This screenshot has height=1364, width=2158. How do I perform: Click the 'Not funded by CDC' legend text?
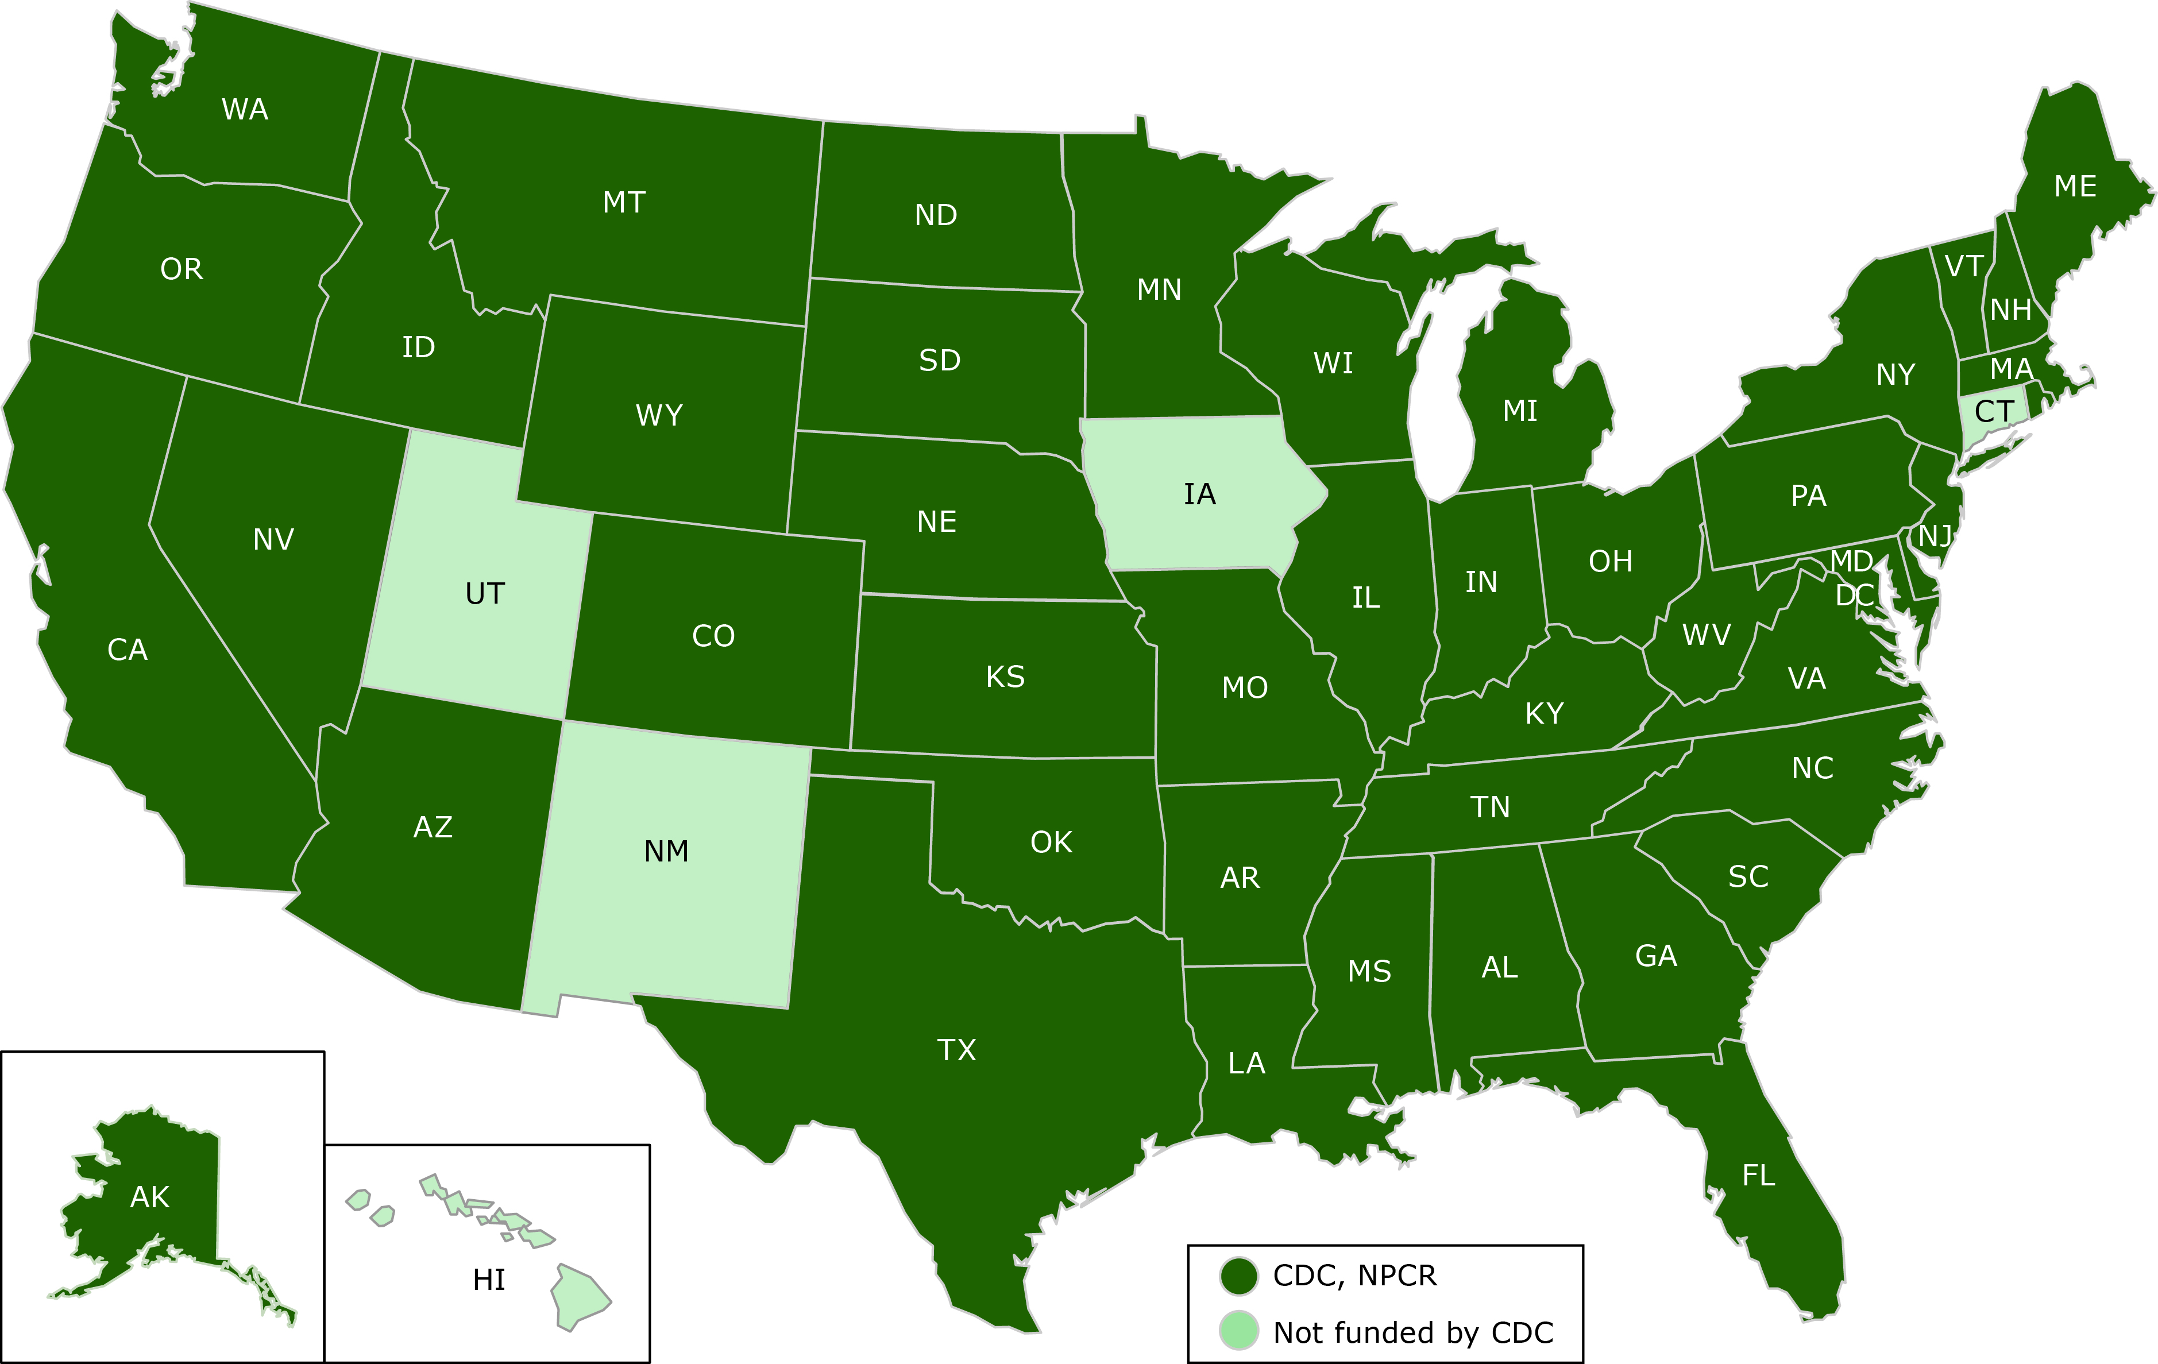(1412, 1332)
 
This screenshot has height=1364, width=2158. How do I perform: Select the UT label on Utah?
(485, 593)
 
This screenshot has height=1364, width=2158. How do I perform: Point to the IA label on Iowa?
(1199, 494)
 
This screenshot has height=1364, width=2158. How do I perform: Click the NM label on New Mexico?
(666, 851)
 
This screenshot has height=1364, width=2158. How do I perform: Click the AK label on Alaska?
(150, 1196)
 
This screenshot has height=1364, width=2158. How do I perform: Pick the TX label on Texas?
(956, 1049)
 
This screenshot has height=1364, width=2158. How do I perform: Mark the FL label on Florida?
(1758, 1175)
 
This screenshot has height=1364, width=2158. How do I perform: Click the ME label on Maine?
(2075, 187)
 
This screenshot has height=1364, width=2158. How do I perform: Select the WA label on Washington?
(245, 109)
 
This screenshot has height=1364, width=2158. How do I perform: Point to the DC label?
(1854, 595)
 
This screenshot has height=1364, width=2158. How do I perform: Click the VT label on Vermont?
(1963, 266)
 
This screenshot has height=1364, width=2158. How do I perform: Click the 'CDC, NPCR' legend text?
(1354, 1276)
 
